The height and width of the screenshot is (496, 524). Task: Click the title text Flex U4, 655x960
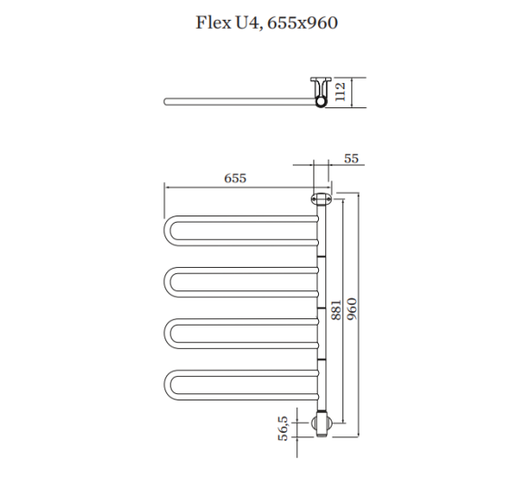pyautogui.click(x=267, y=23)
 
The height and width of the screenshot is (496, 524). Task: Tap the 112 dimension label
pyautogui.click(x=340, y=92)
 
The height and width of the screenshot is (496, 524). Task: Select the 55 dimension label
pyautogui.click(x=351, y=159)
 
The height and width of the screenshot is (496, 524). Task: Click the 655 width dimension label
pyautogui.click(x=235, y=179)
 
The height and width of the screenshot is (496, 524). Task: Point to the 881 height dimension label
pyautogui.click(x=336, y=310)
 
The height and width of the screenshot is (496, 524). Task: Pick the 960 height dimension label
pyautogui.click(x=351, y=309)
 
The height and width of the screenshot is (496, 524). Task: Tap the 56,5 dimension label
pyautogui.click(x=283, y=428)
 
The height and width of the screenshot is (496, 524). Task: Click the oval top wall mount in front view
pyautogui.click(x=321, y=199)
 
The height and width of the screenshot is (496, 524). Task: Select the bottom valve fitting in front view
pyautogui.click(x=323, y=424)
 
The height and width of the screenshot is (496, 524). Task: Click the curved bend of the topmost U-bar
pyautogui.click(x=167, y=231)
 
